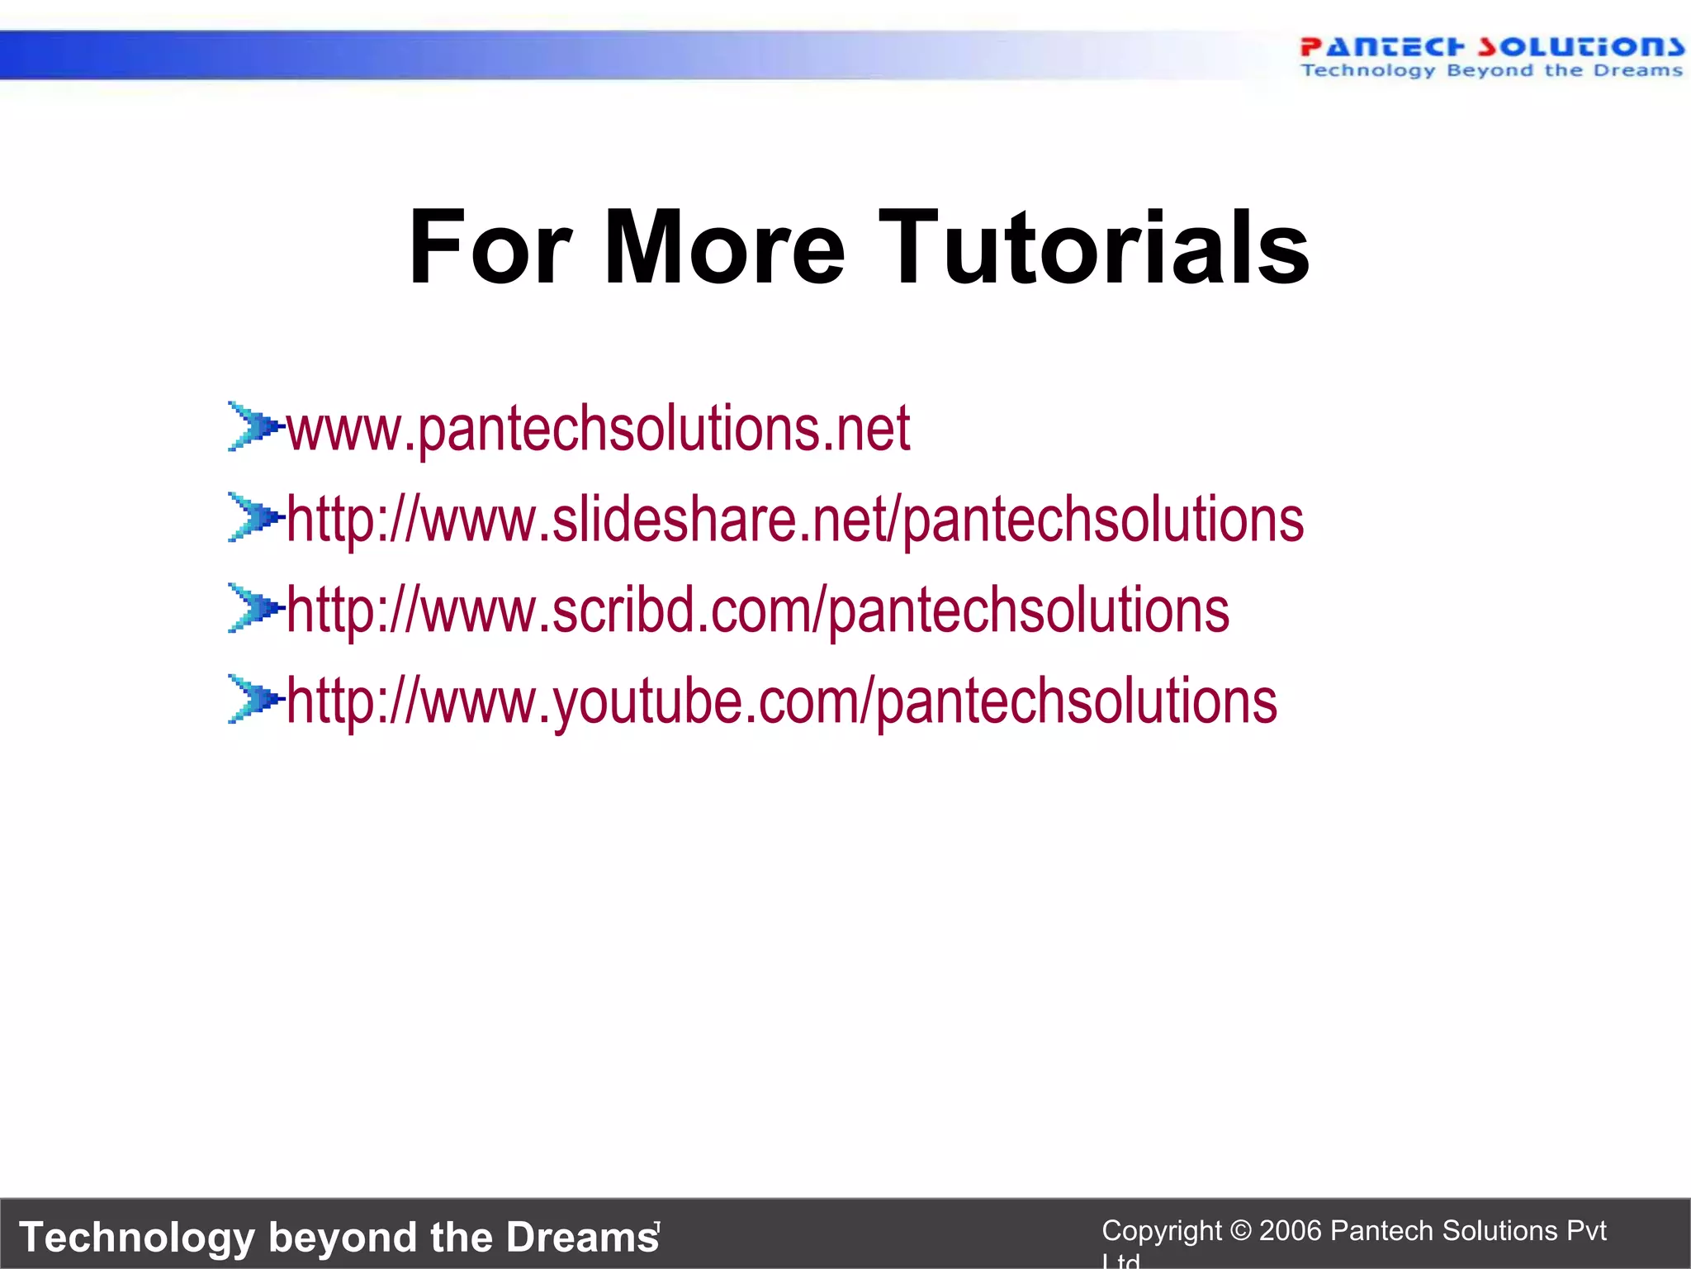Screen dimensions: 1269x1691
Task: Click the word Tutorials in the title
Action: coord(1094,247)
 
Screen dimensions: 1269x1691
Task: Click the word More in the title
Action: coord(725,247)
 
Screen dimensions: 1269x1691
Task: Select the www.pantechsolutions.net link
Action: coord(598,429)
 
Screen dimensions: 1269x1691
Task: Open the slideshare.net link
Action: coord(795,520)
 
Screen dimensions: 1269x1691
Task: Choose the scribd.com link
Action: coord(757,611)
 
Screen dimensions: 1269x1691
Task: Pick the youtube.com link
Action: coord(781,701)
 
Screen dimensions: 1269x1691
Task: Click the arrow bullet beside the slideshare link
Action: coord(253,517)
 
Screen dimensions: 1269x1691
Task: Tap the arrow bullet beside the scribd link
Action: coord(253,608)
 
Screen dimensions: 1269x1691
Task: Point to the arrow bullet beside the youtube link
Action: coord(253,699)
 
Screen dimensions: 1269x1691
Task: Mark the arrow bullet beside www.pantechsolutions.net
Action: coord(253,426)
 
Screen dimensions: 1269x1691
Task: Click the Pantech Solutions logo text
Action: coord(1491,47)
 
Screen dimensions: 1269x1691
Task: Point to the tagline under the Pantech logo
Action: coord(1491,71)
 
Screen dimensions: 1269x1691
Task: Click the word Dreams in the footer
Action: coord(582,1237)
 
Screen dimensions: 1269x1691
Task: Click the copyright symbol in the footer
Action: coord(1241,1231)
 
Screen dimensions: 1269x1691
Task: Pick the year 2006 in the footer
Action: coord(1291,1231)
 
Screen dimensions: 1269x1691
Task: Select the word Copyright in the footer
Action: coord(1161,1231)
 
